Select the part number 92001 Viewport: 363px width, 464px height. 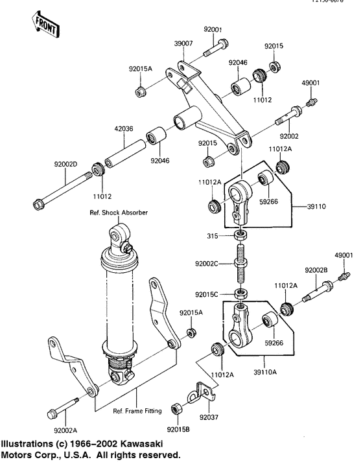pyautogui.click(x=213, y=29)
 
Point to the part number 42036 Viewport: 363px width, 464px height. pyautogui.click(x=124, y=128)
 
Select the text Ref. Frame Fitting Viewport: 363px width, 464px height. pyautogui.click(x=137, y=410)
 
